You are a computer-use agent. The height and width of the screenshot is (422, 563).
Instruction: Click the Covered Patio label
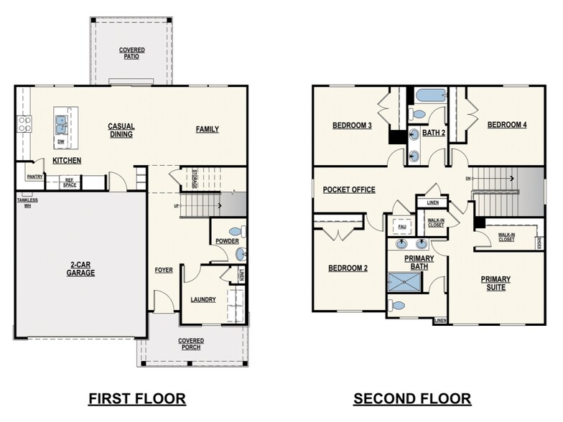click(131, 53)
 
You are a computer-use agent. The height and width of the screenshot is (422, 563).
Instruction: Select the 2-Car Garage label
click(80, 269)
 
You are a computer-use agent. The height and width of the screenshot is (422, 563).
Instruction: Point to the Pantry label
click(35, 176)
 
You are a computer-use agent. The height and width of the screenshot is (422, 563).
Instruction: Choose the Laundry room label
click(203, 299)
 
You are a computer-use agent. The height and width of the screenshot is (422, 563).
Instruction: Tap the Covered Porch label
click(191, 344)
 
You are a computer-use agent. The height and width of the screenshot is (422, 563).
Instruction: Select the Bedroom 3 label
click(351, 125)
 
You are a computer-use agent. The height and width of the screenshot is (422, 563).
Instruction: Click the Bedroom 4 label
click(507, 125)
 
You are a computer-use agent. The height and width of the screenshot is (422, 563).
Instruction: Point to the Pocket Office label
click(349, 189)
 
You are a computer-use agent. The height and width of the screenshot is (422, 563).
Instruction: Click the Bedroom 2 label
click(348, 268)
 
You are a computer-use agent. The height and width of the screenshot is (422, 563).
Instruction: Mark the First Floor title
click(136, 398)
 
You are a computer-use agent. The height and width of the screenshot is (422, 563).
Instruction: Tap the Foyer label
click(164, 271)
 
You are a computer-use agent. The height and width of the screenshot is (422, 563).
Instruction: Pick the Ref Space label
click(70, 182)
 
